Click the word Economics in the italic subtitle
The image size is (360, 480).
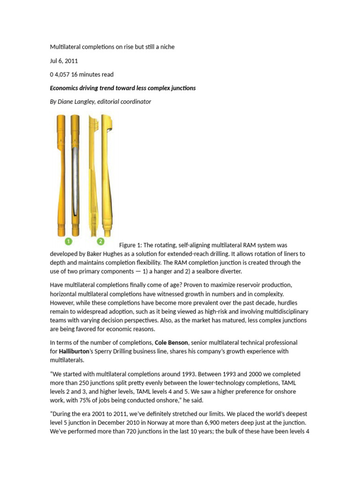coord(66,88)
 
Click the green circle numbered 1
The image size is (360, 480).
coord(68,241)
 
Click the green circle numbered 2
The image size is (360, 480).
coord(100,241)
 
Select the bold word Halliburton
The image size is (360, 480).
coord(77,351)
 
